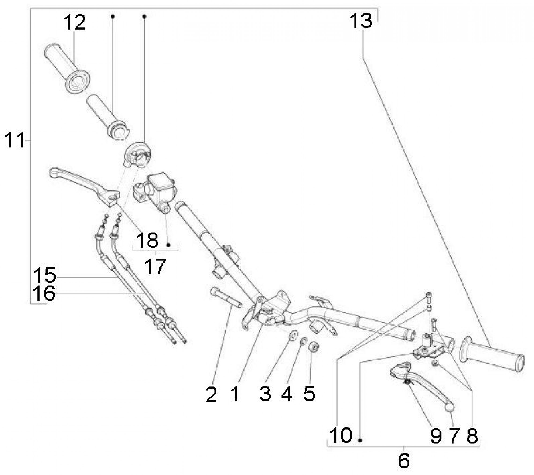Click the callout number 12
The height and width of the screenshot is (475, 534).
(x=74, y=22)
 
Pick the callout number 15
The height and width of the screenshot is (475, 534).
(x=44, y=275)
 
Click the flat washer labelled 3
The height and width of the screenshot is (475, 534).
(x=294, y=335)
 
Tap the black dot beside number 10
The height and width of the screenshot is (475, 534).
(x=360, y=441)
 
